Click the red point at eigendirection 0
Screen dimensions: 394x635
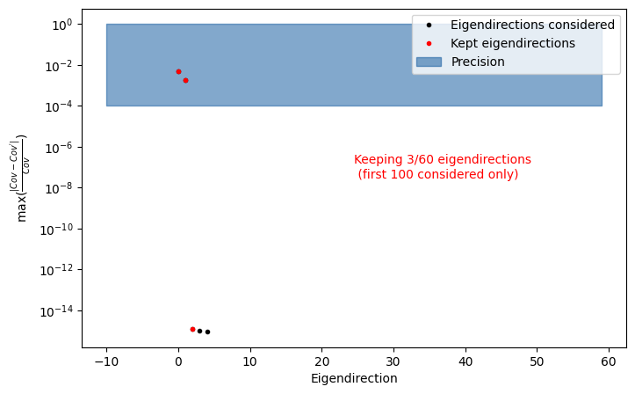click(178, 71)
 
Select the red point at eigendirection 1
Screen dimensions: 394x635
click(185, 80)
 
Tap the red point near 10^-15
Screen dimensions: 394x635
click(192, 329)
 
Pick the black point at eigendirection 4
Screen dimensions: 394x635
click(207, 332)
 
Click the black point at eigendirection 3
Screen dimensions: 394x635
click(199, 331)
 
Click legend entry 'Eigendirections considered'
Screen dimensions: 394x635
click(532, 25)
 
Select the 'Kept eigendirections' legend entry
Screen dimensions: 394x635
click(513, 43)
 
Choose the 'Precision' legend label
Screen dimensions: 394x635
click(478, 62)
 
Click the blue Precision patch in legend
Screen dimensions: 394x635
click(429, 62)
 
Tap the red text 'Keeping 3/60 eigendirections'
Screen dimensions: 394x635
click(443, 159)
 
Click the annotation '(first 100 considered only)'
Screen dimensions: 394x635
click(438, 174)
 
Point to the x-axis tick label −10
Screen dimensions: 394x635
click(106, 361)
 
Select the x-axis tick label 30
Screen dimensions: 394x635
click(393, 361)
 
